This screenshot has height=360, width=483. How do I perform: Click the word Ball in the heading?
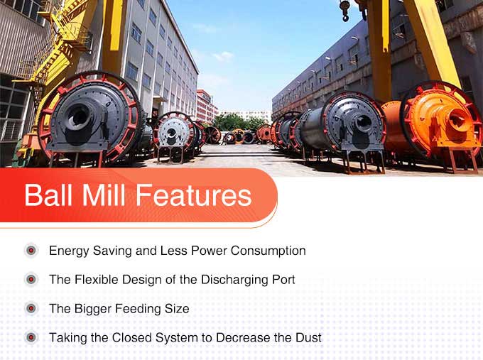click(48, 195)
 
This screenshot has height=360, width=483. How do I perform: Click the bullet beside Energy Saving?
click(31, 251)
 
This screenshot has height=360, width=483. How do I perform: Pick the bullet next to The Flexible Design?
click(31, 279)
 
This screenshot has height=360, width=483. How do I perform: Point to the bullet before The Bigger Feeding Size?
click(31, 308)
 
